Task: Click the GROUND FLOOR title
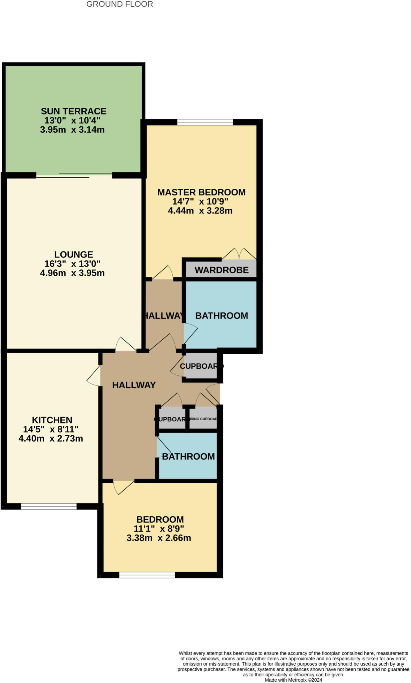tap(119, 4)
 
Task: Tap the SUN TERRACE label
tap(73, 111)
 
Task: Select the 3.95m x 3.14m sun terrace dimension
tap(72, 130)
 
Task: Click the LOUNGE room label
tap(74, 254)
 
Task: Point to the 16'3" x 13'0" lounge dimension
tap(72, 264)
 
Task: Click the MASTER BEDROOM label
tap(201, 192)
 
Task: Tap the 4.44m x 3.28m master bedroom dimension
tap(200, 211)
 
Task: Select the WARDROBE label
tap(222, 270)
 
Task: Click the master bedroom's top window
tap(205, 122)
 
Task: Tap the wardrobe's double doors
tap(239, 254)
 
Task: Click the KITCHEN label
tap(52, 420)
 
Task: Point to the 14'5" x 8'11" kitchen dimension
tap(51, 429)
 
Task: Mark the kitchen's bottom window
tap(49, 507)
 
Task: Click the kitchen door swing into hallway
tap(94, 376)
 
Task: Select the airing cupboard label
tap(203, 419)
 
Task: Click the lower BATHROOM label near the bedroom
tap(188, 457)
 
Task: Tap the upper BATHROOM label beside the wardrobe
tap(222, 316)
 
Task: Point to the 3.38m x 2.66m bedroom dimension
tap(159, 538)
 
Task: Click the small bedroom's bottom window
tap(147, 575)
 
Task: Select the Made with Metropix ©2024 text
tap(293, 680)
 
